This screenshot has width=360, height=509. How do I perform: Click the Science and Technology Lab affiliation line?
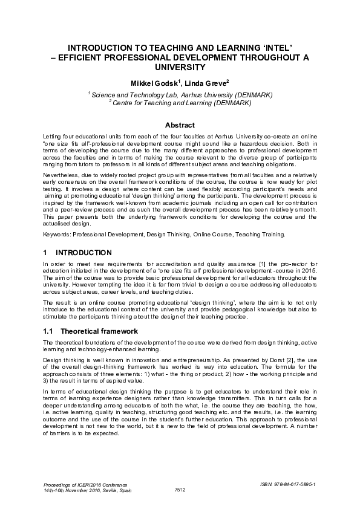(180, 95)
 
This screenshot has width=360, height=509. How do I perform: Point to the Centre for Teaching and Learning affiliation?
(180, 103)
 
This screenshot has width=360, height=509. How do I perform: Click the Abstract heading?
(180, 125)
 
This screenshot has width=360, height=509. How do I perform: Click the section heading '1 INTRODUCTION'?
(77, 251)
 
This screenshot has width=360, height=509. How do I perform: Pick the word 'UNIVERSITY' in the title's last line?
(180, 66)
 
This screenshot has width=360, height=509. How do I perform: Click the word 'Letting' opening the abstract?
(53, 138)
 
